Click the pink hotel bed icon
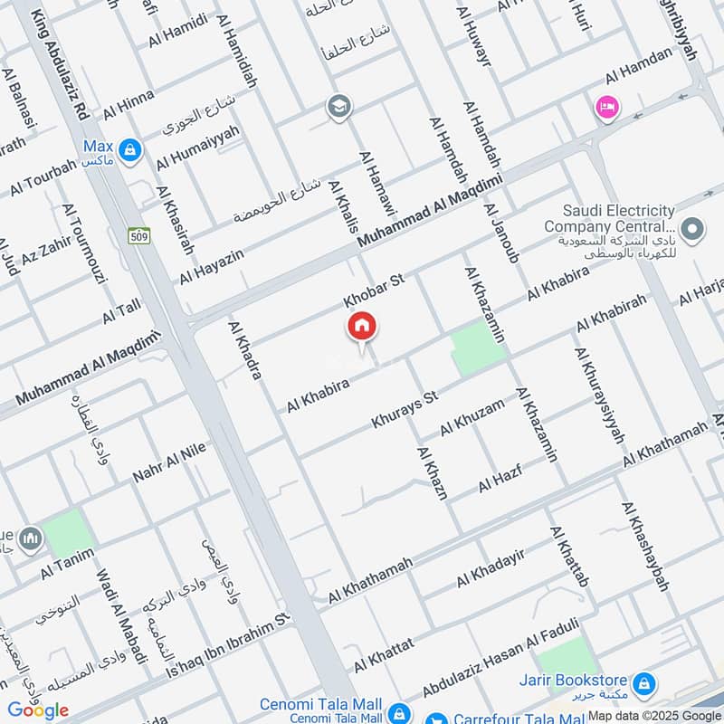click(x=605, y=108)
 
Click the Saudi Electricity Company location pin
click(x=693, y=228)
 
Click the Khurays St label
click(x=405, y=410)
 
